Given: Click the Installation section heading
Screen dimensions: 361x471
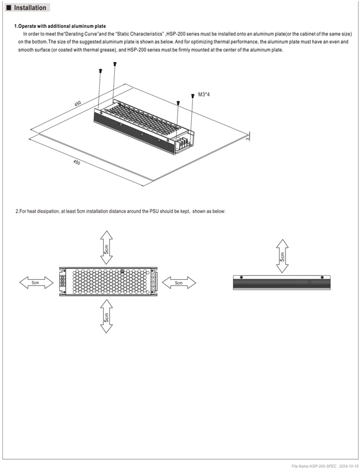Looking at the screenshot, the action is click(30, 8).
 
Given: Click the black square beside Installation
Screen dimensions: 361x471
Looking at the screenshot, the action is click(9, 8).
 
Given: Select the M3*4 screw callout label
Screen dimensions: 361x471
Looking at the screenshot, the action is click(204, 95).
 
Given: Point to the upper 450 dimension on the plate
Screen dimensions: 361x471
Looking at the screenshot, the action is click(78, 103).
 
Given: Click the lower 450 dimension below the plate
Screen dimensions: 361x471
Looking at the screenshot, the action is click(77, 162).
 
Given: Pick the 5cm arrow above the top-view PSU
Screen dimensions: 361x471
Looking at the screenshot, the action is click(106, 248).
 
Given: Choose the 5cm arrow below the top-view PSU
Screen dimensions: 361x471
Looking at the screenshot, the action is click(106, 316).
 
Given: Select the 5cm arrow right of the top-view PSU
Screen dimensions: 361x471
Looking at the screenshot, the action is click(179, 283).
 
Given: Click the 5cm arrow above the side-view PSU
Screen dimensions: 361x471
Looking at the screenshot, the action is click(282, 256).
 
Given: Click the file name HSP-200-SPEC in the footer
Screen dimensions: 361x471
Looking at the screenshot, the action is click(314, 466).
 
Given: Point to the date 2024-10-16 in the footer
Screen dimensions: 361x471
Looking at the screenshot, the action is click(349, 466).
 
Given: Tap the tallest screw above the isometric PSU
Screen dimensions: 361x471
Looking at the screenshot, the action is click(115, 64).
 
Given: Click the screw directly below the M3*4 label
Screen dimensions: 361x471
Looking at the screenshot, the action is click(192, 96).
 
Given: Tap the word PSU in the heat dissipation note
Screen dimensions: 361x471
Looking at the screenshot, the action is click(154, 211).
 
